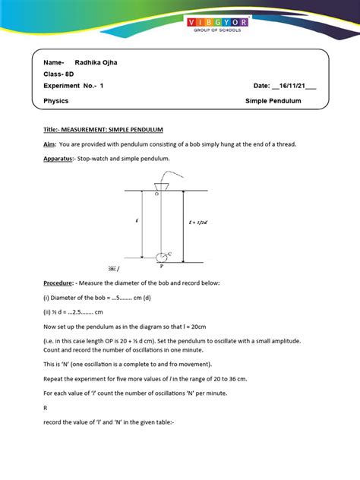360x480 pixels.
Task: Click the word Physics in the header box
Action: tap(56, 100)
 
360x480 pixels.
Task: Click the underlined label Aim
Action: tap(49, 144)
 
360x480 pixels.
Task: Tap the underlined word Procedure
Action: tap(61, 283)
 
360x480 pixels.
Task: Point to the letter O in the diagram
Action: tap(156, 195)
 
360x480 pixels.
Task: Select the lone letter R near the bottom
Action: tap(46, 408)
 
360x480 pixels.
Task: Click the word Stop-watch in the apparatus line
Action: tap(95, 159)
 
